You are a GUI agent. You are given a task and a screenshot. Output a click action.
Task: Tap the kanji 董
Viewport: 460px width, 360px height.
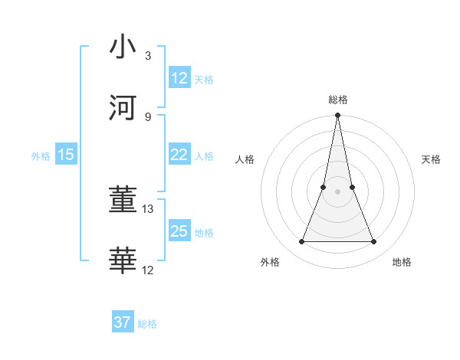[x=123, y=200]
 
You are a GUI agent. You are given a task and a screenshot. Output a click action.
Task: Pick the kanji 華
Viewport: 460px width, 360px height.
[x=123, y=261]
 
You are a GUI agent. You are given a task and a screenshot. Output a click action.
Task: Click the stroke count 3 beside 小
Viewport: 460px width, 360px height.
[x=148, y=55]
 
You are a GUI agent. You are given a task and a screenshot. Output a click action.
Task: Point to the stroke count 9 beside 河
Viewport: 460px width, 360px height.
[x=148, y=116]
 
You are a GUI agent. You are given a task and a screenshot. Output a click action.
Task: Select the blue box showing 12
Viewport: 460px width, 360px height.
[x=179, y=78]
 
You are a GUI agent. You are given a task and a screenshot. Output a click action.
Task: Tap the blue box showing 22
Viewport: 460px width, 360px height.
[x=179, y=155]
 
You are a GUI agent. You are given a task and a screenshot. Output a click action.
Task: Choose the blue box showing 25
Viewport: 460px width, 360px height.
[x=179, y=231]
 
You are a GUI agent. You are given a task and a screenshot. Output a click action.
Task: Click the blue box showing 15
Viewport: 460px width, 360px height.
[x=66, y=155]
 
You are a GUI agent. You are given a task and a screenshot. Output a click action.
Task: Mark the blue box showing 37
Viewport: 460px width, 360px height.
[x=123, y=322]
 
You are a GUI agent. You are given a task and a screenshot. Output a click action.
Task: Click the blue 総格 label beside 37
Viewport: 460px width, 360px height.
[x=147, y=324]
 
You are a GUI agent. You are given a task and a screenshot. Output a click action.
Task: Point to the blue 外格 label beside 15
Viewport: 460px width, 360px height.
[x=41, y=156]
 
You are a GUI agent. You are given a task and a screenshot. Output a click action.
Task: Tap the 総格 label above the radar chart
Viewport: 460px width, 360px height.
[x=337, y=100]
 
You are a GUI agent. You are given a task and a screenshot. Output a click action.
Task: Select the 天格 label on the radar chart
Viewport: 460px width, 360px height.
[x=431, y=159]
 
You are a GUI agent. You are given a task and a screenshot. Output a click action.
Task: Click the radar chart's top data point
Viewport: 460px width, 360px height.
[x=337, y=116]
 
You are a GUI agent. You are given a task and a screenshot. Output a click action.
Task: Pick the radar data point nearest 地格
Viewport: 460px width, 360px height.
[x=374, y=242]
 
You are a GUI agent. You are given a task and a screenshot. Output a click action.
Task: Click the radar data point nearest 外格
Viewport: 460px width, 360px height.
[x=301, y=242]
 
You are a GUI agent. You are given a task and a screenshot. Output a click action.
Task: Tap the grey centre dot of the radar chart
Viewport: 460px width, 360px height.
[x=337, y=191]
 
